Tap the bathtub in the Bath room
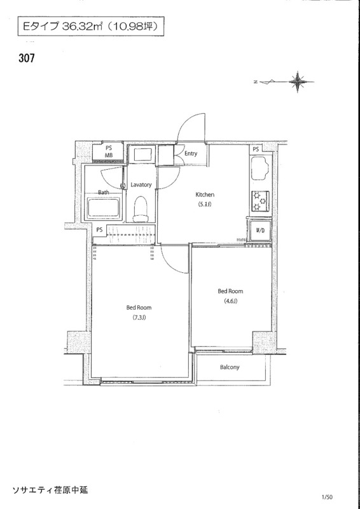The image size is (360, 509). tap(104, 209)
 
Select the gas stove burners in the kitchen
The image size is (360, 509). tap(260, 200)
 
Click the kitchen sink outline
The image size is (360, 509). tap(260, 167)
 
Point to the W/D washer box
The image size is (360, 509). tap(260, 231)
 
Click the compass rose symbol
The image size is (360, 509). tap(297, 81)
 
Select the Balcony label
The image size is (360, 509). tap(230, 367)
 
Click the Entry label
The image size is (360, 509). tap(191, 153)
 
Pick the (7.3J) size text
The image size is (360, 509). tap(139, 317)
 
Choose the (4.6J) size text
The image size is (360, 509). tap(230, 301)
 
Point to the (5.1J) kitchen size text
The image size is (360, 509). tap(205, 204)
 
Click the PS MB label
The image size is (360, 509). tap(108, 152)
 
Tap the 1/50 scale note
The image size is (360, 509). tap(328, 497)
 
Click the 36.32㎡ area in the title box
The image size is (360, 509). tap(83, 27)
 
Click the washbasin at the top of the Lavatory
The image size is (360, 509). tap(142, 154)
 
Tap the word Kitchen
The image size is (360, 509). tap(205, 195)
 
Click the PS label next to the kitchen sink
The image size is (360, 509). tap(256, 150)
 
